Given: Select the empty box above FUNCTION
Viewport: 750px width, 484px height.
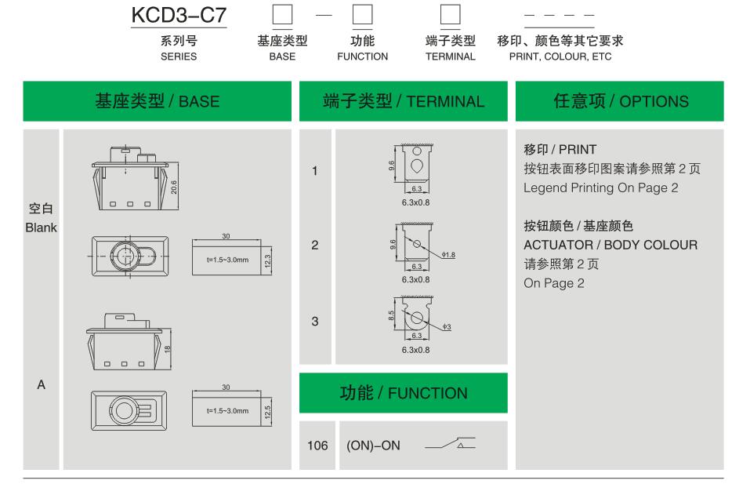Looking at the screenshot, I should [x=362, y=16].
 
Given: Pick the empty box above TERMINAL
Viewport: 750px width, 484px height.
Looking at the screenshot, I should [x=450, y=16].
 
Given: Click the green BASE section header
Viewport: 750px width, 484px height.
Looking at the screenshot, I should [x=157, y=100].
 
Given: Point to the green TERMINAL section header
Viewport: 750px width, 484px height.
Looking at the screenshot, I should [x=404, y=100].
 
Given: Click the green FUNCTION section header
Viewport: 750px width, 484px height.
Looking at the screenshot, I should [x=403, y=393].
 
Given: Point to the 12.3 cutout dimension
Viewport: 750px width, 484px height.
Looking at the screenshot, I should [x=267, y=259].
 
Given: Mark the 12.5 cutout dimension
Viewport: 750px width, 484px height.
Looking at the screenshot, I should [x=267, y=411].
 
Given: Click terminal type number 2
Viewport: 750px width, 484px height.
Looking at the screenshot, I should [x=314, y=245].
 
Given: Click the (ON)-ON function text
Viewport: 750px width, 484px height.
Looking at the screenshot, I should [x=373, y=445].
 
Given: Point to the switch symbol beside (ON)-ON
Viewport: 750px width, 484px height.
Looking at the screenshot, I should [x=450, y=445].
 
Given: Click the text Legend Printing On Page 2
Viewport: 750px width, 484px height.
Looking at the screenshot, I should [x=601, y=187].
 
